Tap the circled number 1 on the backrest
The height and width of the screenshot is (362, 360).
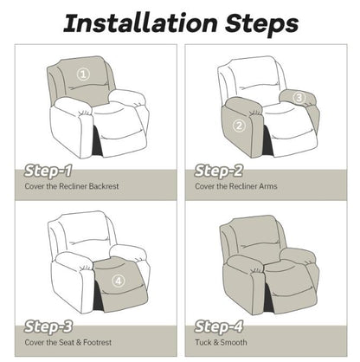pos(83,74)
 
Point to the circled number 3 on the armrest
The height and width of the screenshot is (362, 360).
pos(299,98)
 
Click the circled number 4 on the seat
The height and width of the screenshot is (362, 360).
pos(118,279)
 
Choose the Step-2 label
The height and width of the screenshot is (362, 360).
pos(222,170)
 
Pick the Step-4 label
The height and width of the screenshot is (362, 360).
pos(222,326)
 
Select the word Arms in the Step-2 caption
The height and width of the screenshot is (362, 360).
pos(265,186)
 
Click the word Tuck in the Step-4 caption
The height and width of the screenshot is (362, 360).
pos(203,343)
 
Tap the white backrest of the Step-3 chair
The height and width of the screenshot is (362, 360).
pos(82,234)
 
